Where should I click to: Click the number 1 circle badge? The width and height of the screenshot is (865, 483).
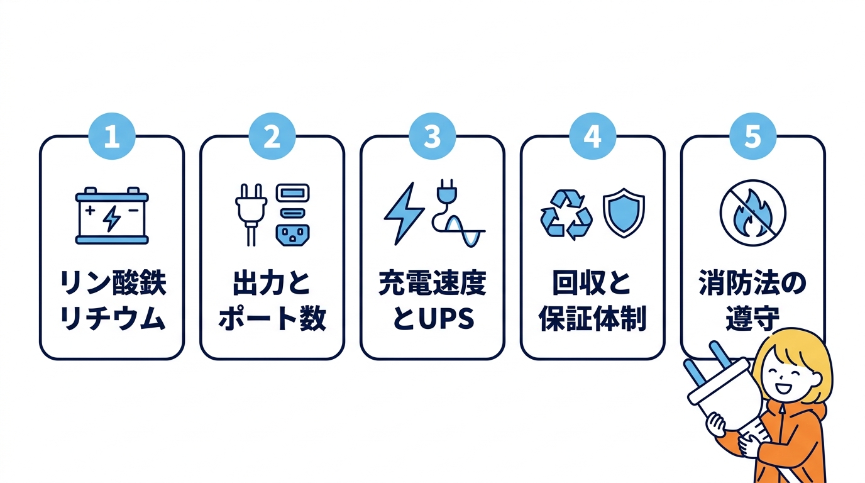tap(112, 136)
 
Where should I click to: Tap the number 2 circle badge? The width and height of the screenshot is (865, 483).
tap(272, 136)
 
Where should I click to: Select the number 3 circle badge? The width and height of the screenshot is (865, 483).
tap(432, 136)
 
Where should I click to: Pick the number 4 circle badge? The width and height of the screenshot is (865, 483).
tap(593, 136)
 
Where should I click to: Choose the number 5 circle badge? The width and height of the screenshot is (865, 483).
tap(753, 136)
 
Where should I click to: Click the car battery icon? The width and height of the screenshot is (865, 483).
tap(112, 216)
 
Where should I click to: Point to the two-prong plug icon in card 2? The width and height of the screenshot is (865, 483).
tap(251, 214)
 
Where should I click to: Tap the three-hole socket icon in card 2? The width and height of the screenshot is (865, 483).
tap(293, 235)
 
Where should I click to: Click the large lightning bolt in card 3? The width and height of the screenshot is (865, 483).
tap(404, 213)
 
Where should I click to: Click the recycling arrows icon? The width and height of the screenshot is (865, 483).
tap(566, 214)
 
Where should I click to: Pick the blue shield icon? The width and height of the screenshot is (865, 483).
tap(624, 213)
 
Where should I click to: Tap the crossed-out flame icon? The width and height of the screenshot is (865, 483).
tap(753, 213)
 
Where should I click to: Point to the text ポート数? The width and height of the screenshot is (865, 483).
tap(272, 318)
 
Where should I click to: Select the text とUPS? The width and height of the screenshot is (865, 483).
tap(433, 318)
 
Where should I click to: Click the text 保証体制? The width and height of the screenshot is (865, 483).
tap(593, 318)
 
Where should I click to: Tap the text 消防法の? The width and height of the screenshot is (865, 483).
tap(753, 283)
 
